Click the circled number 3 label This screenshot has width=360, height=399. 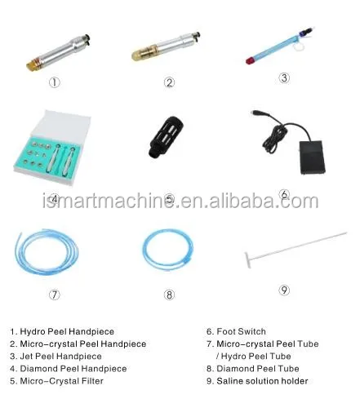[284, 79]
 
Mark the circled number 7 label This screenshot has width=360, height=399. [54, 295]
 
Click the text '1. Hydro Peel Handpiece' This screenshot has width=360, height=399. [62, 331]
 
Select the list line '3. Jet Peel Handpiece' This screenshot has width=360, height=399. [56, 357]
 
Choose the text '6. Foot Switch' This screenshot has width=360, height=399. [237, 331]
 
